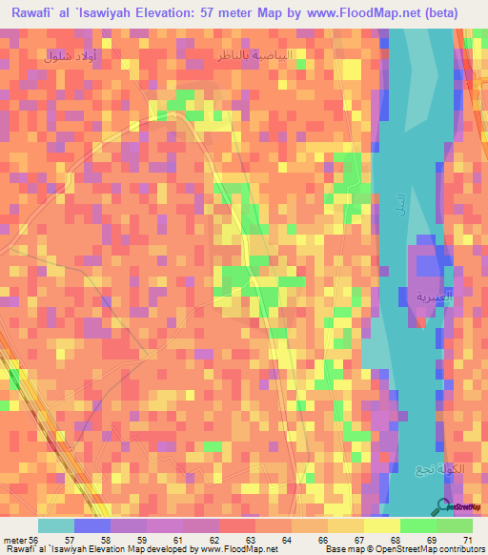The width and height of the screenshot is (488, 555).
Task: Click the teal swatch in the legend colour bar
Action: pyautogui.click(x=56, y=525)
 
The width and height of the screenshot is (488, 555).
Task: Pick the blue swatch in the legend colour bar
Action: pyautogui.click(x=92, y=525)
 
